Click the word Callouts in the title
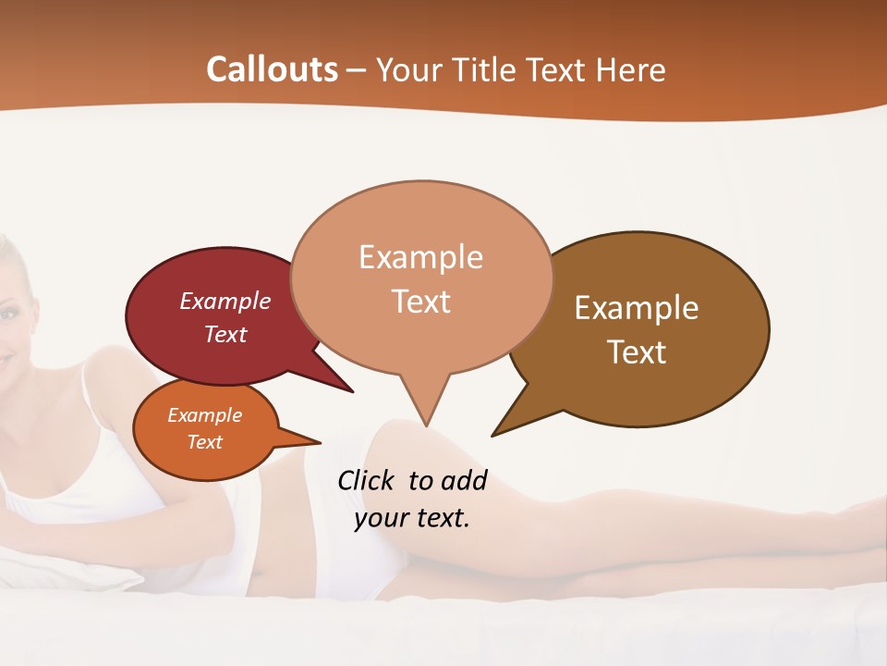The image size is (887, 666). (272, 69)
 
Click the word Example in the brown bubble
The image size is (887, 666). (637, 308)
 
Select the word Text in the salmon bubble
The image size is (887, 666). (421, 302)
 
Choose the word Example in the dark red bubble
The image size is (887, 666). (225, 302)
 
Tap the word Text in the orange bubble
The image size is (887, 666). (205, 442)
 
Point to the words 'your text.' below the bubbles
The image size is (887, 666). (412, 518)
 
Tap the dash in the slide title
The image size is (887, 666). (357, 70)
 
